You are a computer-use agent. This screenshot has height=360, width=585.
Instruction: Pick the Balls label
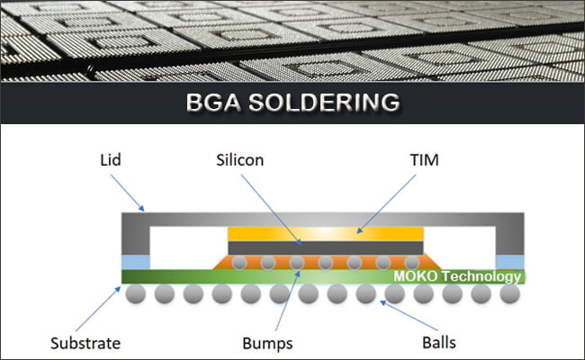pos(439,343)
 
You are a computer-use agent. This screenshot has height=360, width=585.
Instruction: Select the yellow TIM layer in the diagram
pos(324,232)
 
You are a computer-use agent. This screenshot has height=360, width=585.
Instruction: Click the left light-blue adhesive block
pos(135,260)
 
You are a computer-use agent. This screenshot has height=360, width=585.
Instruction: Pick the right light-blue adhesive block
pos(510,260)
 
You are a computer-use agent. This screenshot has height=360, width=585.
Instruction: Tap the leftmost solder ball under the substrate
pos(136,294)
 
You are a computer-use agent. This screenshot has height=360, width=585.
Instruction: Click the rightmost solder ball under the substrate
pos(508,294)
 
